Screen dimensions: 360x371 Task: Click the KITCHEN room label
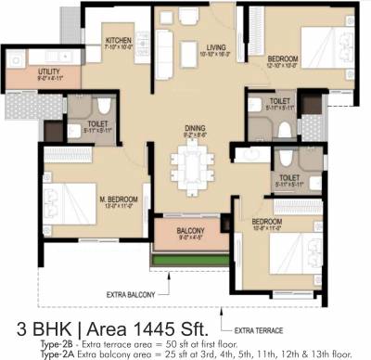pyautogui.click(x=118, y=41)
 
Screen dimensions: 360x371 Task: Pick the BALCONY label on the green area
pyautogui.click(x=193, y=231)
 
